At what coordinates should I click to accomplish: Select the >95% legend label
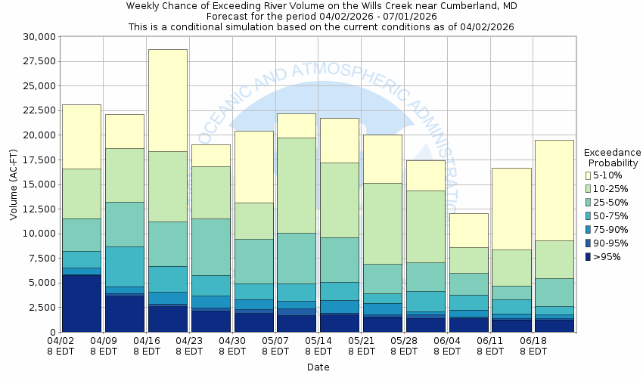pyautogui.click(x=607, y=257)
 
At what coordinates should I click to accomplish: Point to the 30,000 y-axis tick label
pyautogui.click(x=36, y=37)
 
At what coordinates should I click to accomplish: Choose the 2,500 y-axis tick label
pyautogui.click(x=39, y=308)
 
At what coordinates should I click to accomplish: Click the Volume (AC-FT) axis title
pyautogui.click(x=13, y=184)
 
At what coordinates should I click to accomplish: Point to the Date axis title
pyautogui.click(x=318, y=367)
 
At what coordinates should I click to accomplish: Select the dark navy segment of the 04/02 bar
pyautogui.click(x=82, y=302)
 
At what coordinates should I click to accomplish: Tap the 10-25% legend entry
pyautogui.click(x=610, y=189)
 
